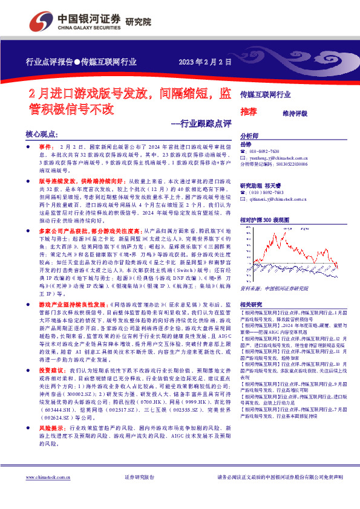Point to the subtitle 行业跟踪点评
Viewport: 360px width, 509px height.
point(201,124)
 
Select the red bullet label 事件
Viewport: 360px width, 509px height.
point(47,147)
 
